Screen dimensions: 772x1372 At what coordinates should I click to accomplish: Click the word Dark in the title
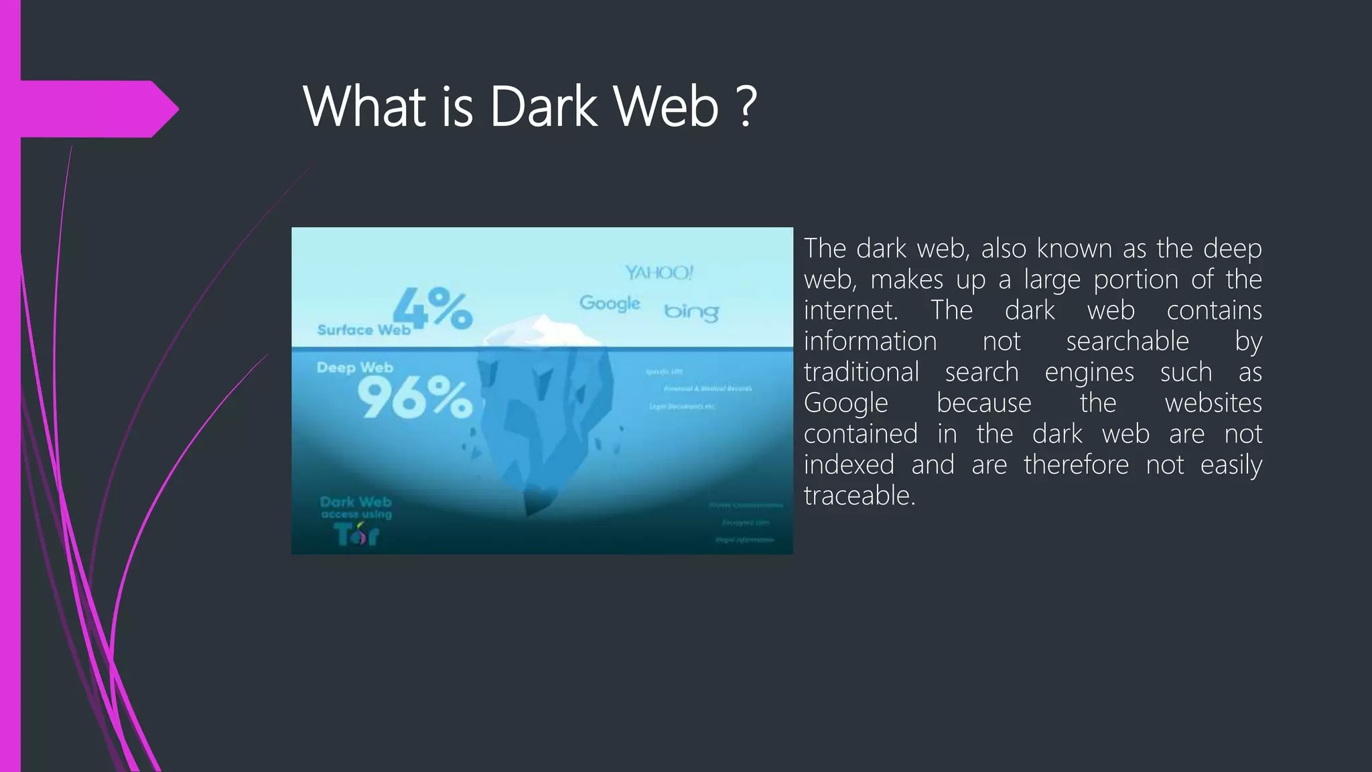543,107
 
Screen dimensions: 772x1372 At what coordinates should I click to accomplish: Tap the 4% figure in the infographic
433,308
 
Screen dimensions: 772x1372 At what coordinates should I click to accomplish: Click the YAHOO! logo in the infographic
659,272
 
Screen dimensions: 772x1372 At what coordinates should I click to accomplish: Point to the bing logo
691,312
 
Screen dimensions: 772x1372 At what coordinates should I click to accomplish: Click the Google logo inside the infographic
610,303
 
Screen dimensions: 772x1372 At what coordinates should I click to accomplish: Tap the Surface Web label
364,330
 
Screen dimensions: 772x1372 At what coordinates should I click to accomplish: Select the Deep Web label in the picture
355,367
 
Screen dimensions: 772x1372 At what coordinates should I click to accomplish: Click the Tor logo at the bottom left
357,534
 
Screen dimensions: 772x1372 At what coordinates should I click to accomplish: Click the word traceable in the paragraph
860,496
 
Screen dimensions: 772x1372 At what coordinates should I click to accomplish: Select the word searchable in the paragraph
1127,341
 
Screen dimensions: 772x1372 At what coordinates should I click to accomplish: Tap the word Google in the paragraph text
846,403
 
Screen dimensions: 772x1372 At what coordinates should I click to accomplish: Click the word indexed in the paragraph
849,465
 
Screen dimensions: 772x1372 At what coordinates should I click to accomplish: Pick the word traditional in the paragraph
862,373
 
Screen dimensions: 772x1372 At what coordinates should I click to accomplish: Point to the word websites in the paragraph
1213,403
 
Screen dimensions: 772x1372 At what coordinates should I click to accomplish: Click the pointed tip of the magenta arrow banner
176,109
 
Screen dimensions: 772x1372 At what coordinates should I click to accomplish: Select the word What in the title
364,107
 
